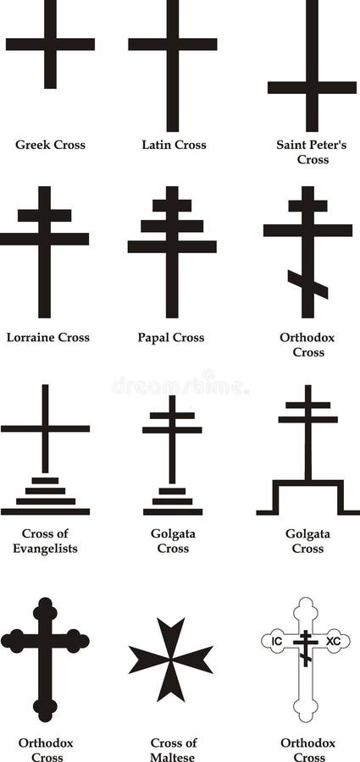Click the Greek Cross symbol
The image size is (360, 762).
tap(50, 44)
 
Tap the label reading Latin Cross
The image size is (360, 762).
tap(174, 145)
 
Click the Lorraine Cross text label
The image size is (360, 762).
tap(47, 337)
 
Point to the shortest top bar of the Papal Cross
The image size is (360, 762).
tap(172, 206)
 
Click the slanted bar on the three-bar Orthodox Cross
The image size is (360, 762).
tap(307, 284)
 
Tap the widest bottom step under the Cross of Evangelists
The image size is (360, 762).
tap(45, 511)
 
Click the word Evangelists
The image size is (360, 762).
tap(45, 549)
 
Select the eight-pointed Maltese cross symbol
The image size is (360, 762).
tap(171, 660)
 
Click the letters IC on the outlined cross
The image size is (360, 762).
tap(277, 641)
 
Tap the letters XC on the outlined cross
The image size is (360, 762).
tap(333, 641)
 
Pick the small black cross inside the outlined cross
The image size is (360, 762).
tap(306, 649)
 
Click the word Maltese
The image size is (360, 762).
tap(173, 757)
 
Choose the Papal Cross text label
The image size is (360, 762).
tap(171, 337)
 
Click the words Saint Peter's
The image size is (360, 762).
tap(312, 145)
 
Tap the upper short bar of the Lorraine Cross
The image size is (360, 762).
tap(44, 215)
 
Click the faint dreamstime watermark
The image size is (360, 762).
tap(180, 384)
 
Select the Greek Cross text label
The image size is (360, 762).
tap(50, 145)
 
